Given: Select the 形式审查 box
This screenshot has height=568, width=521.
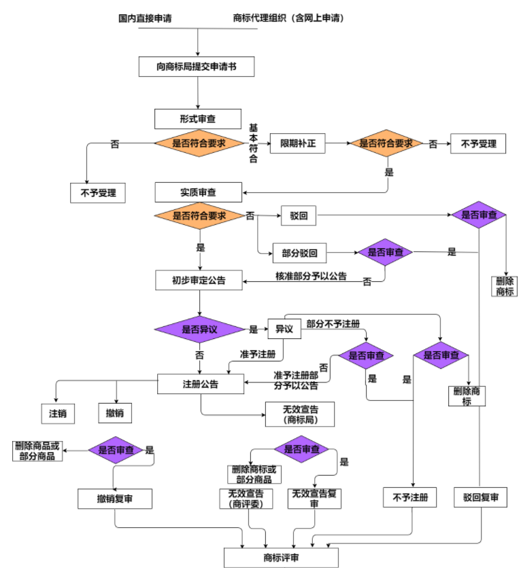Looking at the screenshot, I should pyautogui.click(x=198, y=119).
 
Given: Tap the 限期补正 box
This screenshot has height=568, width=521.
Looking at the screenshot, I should pyautogui.click(x=298, y=144).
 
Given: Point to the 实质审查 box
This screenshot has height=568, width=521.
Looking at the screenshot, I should pyautogui.click(x=198, y=192).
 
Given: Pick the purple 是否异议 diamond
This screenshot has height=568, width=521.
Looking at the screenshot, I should pyautogui.click(x=199, y=330).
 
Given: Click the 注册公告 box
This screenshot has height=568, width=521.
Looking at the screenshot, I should pyautogui.click(x=201, y=383).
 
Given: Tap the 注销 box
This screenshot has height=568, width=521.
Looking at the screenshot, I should pyautogui.click(x=57, y=413).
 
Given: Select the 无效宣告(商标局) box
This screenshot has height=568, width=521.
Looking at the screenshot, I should pyautogui.click(x=300, y=414).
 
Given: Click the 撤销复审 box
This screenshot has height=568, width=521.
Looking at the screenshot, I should pyautogui.click(x=114, y=499).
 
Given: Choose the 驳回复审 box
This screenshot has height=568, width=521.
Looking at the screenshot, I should pyautogui.click(x=481, y=498).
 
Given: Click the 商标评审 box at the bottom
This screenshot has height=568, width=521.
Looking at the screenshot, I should pyautogui.click(x=281, y=557).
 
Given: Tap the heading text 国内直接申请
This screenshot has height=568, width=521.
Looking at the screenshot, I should pyautogui.click(x=145, y=18).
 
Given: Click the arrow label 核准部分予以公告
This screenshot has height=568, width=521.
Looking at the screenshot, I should pyautogui.click(x=311, y=276).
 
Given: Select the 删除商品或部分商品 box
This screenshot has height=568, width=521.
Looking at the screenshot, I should pyautogui.click(x=37, y=451).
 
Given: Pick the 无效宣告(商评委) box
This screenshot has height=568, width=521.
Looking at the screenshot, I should pyautogui.click(x=246, y=499).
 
